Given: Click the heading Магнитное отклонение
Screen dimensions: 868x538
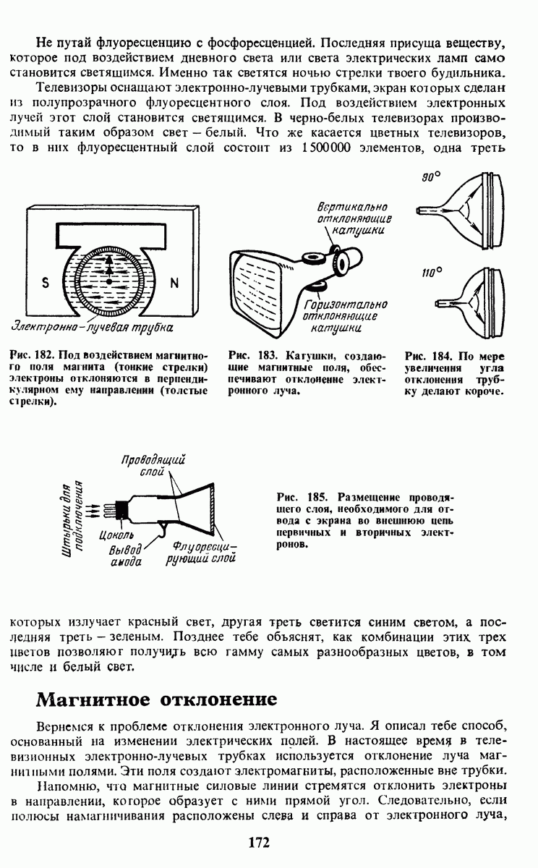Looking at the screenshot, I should [157, 700].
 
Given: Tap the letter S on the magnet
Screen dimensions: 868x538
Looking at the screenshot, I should [45, 284].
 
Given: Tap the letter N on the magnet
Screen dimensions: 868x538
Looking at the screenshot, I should [174, 284].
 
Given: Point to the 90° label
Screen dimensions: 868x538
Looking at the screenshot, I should [432, 177].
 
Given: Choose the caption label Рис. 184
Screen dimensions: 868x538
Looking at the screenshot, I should [427, 357].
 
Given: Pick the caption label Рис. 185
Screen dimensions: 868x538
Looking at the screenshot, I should [299, 497].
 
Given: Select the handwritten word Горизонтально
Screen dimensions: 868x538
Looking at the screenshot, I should [346, 305].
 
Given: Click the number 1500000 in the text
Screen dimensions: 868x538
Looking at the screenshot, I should [327, 148].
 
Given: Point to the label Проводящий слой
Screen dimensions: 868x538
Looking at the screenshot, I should [153, 464].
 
